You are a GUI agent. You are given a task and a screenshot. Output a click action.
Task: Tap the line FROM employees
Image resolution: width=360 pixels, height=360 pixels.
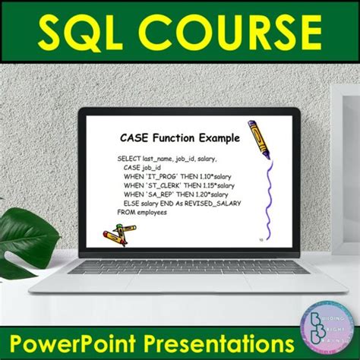pos(141,213)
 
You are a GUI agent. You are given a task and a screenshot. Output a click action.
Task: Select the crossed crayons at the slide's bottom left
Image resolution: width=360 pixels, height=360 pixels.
pos(114,238)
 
